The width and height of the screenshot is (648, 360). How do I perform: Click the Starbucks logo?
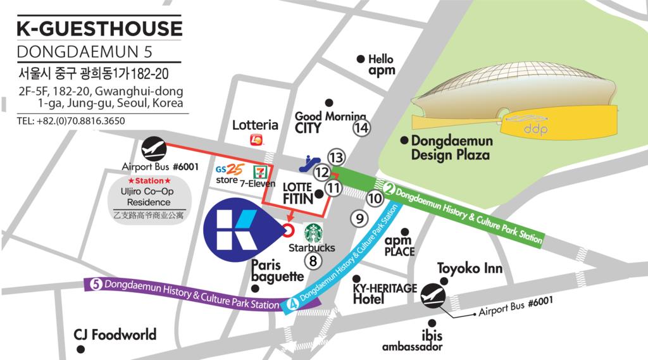click(314, 233)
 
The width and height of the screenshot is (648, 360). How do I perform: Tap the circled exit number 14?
click(361, 128)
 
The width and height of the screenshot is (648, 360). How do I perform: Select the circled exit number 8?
click(312, 259)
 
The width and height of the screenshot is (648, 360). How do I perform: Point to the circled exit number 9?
click(359, 219)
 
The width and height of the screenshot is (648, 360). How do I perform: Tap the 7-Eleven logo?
click(259, 171)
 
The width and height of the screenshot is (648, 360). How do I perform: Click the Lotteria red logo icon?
click(256, 139)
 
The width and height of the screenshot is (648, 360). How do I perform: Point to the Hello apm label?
click(380, 65)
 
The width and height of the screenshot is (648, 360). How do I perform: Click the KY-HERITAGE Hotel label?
click(384, 294)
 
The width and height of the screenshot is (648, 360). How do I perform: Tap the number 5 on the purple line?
click(96, 284)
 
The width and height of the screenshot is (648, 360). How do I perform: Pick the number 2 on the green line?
click(390, 188)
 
